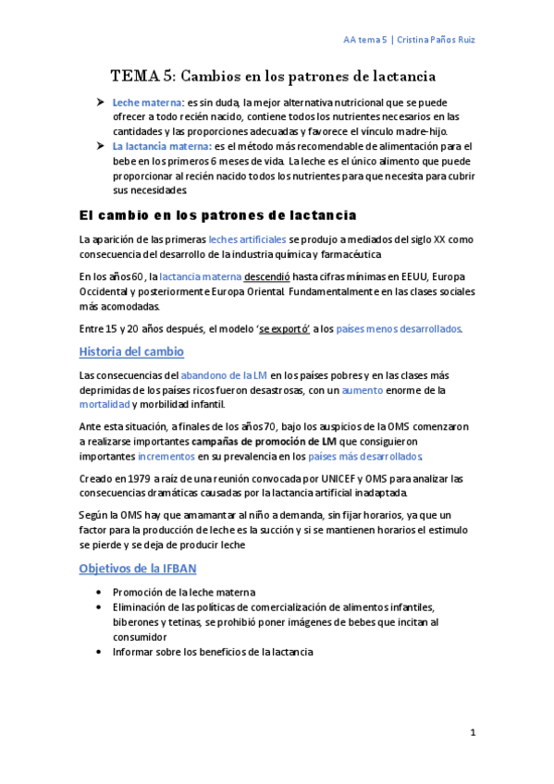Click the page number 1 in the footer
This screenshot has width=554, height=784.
[472, 732]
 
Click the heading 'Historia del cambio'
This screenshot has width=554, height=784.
[131, 351]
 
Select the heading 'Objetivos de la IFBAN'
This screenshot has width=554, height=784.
[138, 567]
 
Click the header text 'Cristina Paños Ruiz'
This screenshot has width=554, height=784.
[437, 40]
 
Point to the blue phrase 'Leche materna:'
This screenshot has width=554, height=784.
[148, 103]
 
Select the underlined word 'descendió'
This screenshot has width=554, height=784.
[267, 275]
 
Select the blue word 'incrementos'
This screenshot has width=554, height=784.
[166, 456]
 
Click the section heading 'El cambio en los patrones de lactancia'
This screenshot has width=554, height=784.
[217, 215]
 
